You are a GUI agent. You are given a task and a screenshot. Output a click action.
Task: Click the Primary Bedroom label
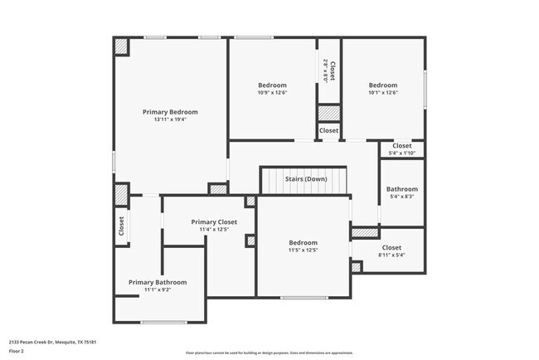pos(170,112)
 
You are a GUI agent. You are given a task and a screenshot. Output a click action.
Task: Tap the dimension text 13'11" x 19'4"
pos(170,120)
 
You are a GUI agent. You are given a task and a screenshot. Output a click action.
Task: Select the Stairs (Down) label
pos(305,179)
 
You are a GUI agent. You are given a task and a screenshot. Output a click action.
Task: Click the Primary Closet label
pos(214,221)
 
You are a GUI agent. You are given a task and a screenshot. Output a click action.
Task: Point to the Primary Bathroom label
pos(158,282)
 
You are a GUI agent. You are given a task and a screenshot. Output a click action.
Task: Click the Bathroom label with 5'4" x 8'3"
pos(401,188)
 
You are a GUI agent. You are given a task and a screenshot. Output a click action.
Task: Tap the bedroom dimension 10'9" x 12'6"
pos(272,93)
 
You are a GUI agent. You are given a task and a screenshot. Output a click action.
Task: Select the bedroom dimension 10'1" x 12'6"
pos(383,93)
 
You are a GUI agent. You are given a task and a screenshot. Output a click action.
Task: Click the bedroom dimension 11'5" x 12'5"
pos(303,250)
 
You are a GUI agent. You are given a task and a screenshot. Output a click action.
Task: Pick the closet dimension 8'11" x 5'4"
pos(391,255)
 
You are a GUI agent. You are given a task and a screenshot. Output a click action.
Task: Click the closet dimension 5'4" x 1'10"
pos(401,153)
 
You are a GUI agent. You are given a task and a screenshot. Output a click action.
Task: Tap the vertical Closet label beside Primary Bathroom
pos(121,226)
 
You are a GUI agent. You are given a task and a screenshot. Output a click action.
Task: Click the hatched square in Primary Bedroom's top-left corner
pos(122,46)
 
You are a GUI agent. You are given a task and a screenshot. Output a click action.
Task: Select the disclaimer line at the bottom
pos(269,352)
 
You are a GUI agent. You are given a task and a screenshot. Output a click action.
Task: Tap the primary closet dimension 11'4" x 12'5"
pos(214,230)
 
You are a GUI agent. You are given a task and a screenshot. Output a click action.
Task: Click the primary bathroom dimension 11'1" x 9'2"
pos(158,290)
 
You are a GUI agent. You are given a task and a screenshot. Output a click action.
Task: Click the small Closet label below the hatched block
pos(329,131)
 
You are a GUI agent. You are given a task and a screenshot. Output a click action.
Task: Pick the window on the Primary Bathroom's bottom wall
pos(163,322)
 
